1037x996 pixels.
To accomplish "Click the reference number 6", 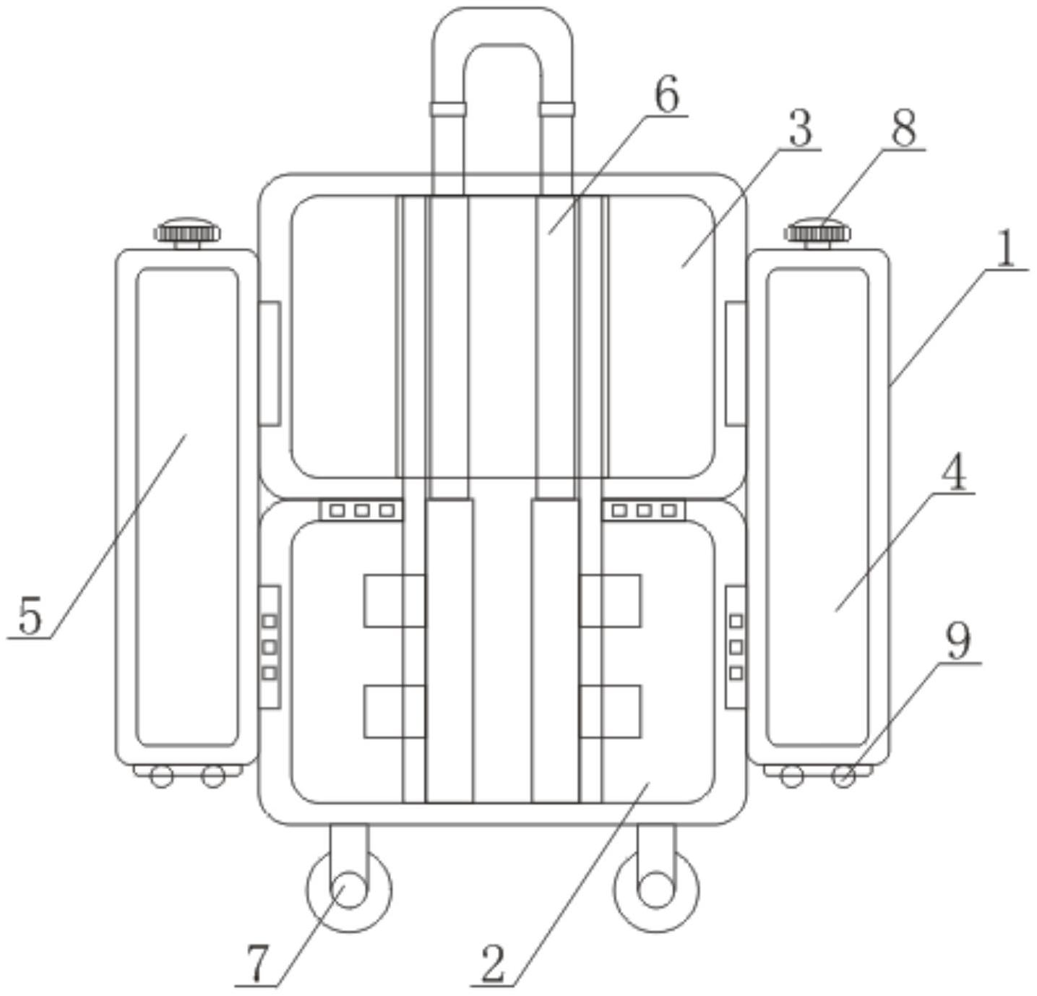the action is pyautogui.click(x=666, y=95).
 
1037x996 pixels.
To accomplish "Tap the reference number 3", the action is pyautogui.click(x=801, y=129).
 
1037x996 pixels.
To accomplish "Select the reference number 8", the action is pyautogui.click(x=904, y=129).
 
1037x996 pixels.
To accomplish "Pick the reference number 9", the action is pyautogui.click(x=958, y=643).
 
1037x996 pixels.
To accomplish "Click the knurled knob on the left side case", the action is pyautogui.click(x=188, y=232).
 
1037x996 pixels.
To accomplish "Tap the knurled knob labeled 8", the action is pyautogui.click(x=817, y=232).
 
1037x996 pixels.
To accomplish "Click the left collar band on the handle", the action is pyautogui.click(x=448, y=109).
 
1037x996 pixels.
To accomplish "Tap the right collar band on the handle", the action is pyautogui.click(x=556, y=109).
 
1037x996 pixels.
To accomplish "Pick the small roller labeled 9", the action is pyautogui.click(x=843, y=776).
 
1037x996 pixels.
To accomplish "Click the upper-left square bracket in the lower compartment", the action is pyautogui.click(x=395, y=601).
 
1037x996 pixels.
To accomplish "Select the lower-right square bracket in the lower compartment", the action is pyautogui.click(x=611, y=711).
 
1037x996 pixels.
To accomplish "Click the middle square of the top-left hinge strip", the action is pyautogui.click(x=362, y=510).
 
